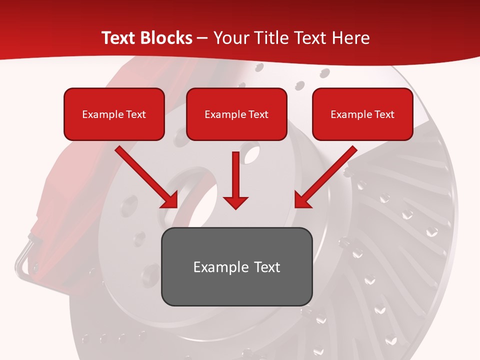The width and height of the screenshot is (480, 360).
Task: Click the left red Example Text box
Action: click(114, 114)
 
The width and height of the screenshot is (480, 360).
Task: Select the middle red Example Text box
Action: click(236, 114)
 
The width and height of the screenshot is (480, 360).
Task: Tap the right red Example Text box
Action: click(362, 114)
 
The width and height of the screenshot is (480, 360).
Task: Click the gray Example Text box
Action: click(236, 266)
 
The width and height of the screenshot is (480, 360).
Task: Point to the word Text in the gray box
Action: click(266, 267)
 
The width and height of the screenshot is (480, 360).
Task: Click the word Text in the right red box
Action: click(384, 114)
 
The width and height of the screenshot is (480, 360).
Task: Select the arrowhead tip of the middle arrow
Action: click(235, 207)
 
